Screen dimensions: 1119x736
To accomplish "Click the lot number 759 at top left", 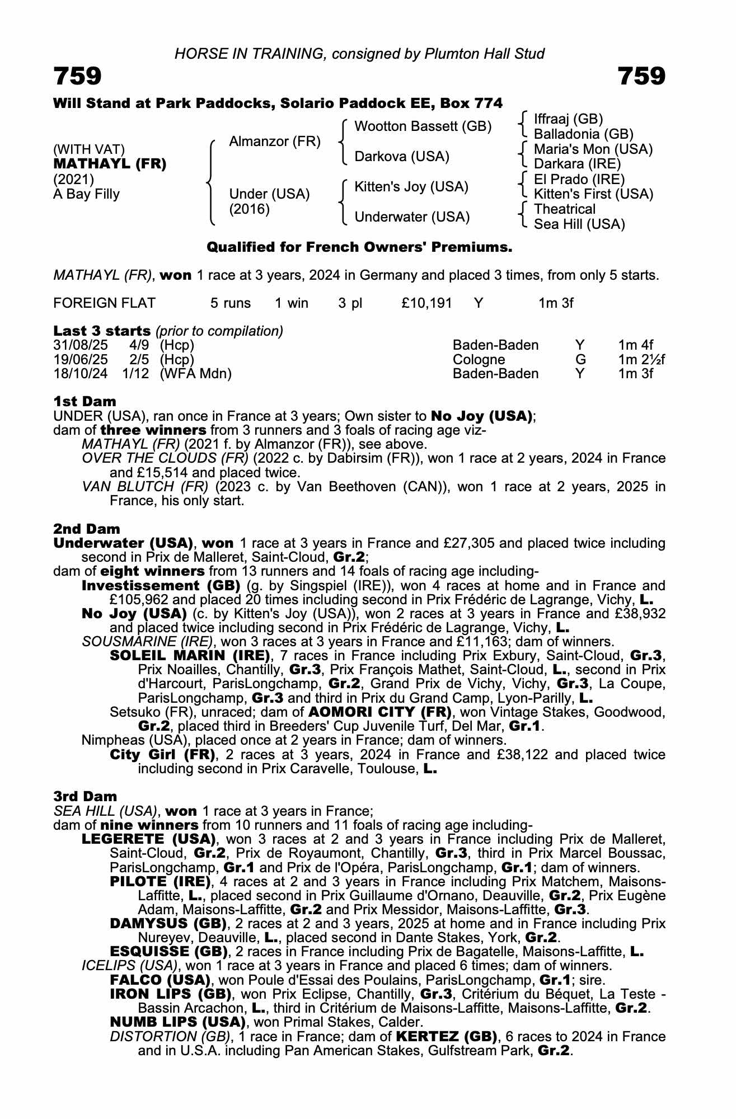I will point(77,76).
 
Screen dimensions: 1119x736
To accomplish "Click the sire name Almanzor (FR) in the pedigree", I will point(274,142).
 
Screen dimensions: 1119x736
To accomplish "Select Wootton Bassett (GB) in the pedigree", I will point(423,126).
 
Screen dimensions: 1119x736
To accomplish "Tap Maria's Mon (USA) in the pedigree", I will point(593,149).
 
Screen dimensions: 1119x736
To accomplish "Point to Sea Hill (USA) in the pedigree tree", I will point(579,224).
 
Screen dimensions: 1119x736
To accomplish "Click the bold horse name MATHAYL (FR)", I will point(110,164).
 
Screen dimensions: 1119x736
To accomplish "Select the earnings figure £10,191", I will point(426,303).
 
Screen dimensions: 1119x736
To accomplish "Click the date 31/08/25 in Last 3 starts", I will point(80,345).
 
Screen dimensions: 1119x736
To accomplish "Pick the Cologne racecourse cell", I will point(479,360).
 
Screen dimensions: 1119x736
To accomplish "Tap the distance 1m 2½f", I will point(641,360).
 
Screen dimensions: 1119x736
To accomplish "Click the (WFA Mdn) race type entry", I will point(195,374).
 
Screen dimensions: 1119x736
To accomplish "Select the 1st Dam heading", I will point(85,401).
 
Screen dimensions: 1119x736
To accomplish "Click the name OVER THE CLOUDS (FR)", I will point(165,458).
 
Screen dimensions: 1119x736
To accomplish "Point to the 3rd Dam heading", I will point(85,796).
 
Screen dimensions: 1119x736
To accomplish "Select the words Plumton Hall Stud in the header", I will point(484,54).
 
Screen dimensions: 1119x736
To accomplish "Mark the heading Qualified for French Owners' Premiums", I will point(359,247).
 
